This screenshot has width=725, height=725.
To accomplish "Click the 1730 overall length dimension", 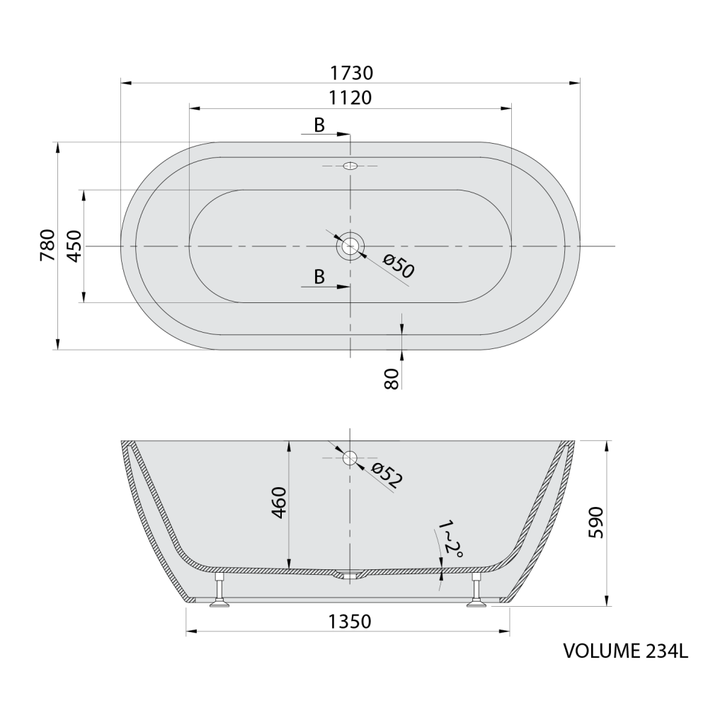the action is (351, 73).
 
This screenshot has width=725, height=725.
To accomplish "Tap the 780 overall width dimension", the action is (47, 245).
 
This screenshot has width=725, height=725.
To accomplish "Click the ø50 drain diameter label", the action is (398, 266).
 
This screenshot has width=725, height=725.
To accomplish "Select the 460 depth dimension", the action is (279, 503).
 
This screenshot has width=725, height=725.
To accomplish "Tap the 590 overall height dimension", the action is (596, 523).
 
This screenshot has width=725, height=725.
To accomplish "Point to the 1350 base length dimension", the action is (350, 622).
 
